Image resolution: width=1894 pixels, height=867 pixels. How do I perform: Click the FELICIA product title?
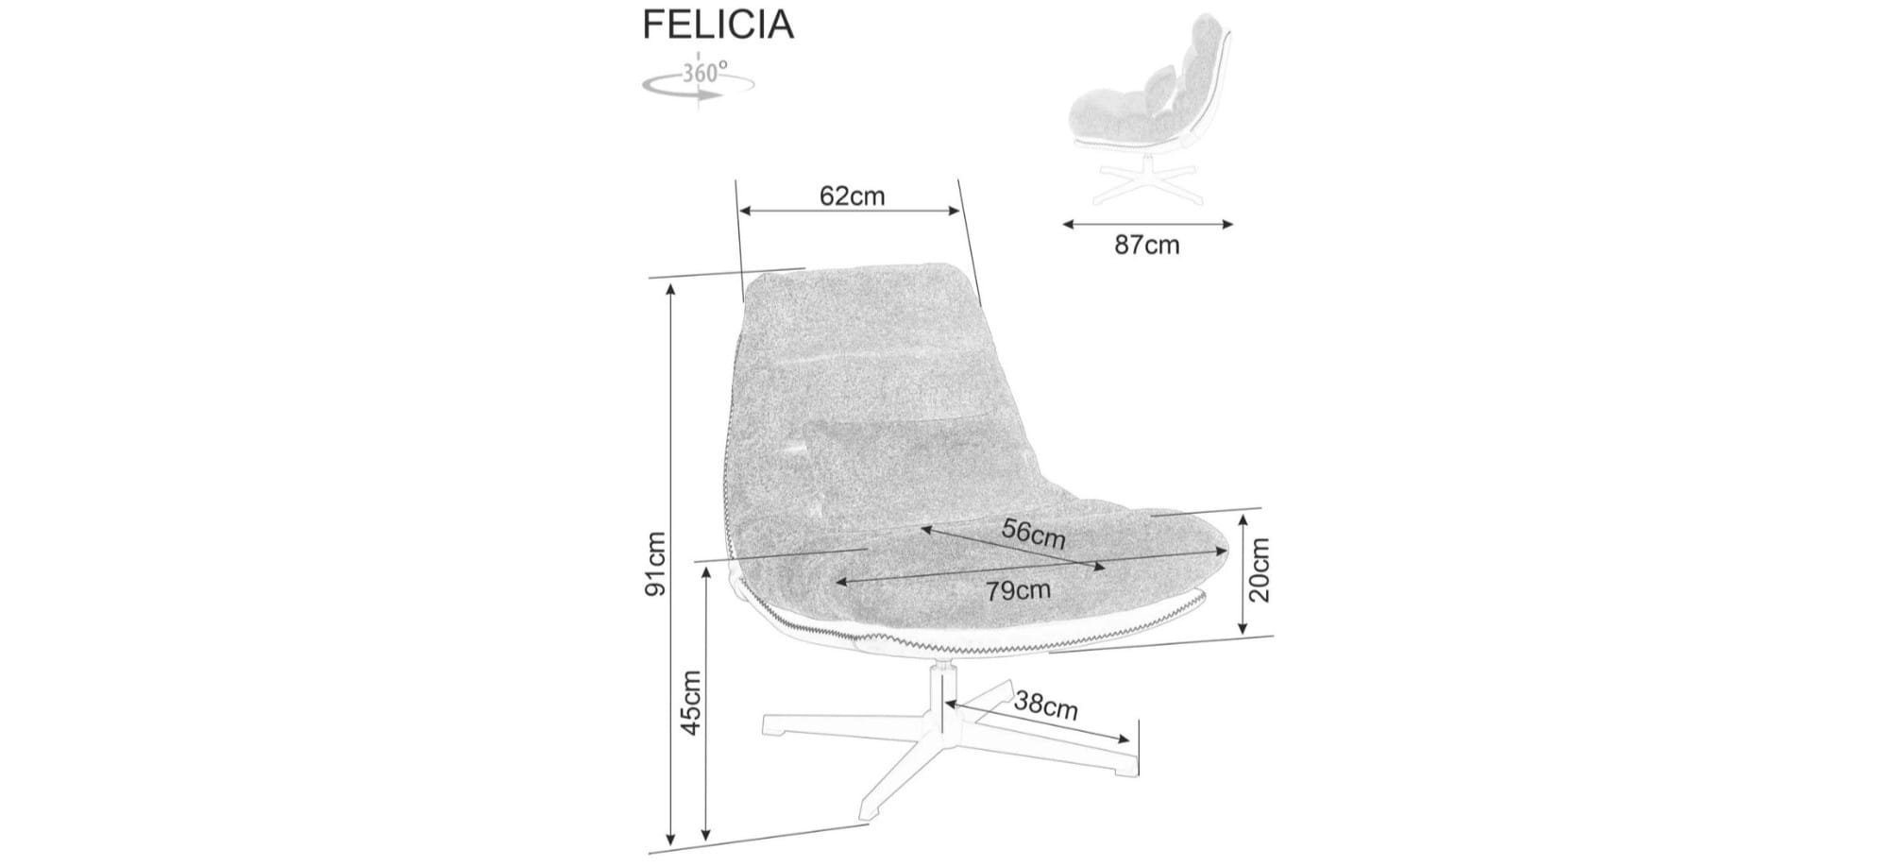click(718, 25)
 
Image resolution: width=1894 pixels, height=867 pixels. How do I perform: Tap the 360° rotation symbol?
click(699, 79)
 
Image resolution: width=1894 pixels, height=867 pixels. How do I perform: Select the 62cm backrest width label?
click(853, 195)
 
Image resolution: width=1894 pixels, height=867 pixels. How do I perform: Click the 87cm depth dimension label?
click(1147, 246)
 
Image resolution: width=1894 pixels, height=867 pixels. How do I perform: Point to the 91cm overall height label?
click(655, 564)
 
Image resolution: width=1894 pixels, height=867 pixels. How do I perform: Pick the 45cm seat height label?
click(691, 703)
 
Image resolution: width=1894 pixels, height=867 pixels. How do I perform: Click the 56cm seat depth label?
click(1034, 534)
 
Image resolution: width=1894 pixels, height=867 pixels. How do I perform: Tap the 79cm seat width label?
click(1018, 590)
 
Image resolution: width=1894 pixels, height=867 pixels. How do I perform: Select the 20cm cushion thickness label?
click(1260, 569)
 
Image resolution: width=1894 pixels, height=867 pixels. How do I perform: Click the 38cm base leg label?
click(1046, 705)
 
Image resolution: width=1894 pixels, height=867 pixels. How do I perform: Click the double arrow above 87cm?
click(1148, 224)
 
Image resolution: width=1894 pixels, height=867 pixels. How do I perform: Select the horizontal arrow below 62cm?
click(851, 211)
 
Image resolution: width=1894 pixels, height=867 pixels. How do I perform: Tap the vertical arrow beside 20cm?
click(1243, 573)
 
